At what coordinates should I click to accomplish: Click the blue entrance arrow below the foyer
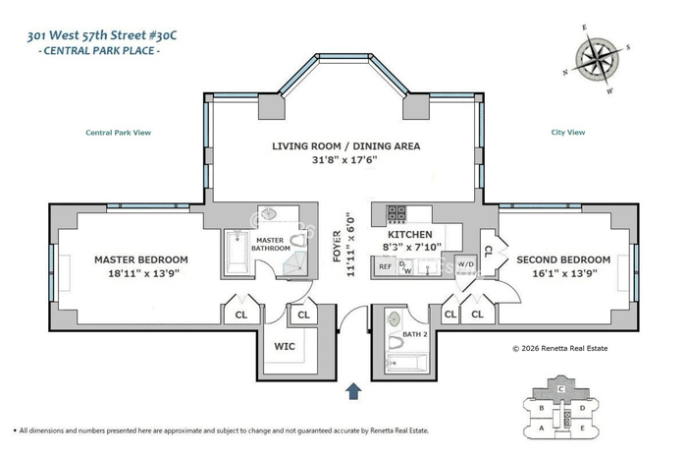click(353, 391)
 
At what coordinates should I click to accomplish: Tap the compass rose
click(597, 59)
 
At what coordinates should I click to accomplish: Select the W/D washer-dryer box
click(465, 264)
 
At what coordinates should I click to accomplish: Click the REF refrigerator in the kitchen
click(386, 266)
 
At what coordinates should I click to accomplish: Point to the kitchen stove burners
click(396, 214)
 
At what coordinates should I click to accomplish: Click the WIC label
click(285, 346)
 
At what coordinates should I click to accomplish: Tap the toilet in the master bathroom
click(298, 241)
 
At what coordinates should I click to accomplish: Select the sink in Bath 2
click(395, 319)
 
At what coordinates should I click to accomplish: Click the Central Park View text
click(119, 133)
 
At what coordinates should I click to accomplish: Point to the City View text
click(568, 132)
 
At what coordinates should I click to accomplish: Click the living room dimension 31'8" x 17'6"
click(344, 159)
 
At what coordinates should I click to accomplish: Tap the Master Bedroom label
click(141, 259)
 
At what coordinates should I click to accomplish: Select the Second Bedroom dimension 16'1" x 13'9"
click(564, 274)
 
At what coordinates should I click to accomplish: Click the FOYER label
click(337, 246)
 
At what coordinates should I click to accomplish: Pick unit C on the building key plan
click(560, 389)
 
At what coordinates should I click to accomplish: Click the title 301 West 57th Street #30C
click(102, 35)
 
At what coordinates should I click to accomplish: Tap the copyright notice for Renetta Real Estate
click(560, 348)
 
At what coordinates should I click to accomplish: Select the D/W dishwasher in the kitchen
click(405, 266)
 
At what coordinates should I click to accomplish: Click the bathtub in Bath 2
click(406, 363)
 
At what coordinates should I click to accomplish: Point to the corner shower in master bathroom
click(294, 264)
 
